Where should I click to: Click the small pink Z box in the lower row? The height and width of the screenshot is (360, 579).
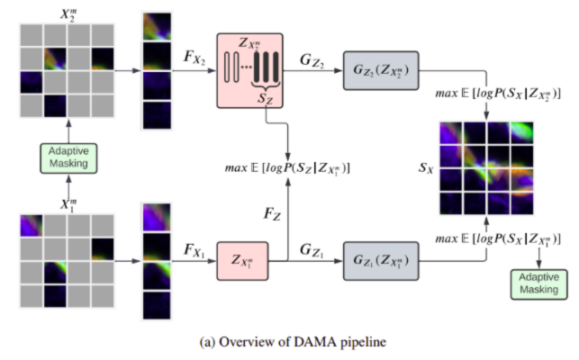[243, 262]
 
